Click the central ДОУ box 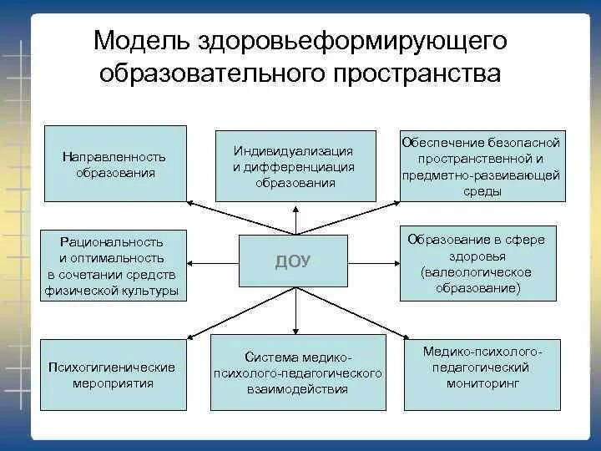pyautogui.click(x=293, y=261)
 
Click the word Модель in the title pyautogui.click(x=142, y=40)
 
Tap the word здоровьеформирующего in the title pyautogui.click(x=353, y=40)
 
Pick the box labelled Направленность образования pyautogui.click(x=114, y=164)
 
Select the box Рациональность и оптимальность pyautogui.click(x=113, y=265)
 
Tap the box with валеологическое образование pyautogui.click(x=477, y=263)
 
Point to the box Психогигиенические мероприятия pyautogui.click(x=113, y=374)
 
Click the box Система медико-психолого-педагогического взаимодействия pyautogui.click(x=298, y=372)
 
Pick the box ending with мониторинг pyautogui.click(x=482, y=373)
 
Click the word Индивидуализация pyautogui.click(x=293, y=151)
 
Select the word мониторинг pyautogui.click(x=482, y=382)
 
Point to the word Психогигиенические pyautogui.click(x=112, y=367)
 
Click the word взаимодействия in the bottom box pyautogui.click(x=298, y=388)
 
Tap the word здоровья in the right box pyautogui.click(x=477, y=256)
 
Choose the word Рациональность pyautogui.click(x=112, y=242)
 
